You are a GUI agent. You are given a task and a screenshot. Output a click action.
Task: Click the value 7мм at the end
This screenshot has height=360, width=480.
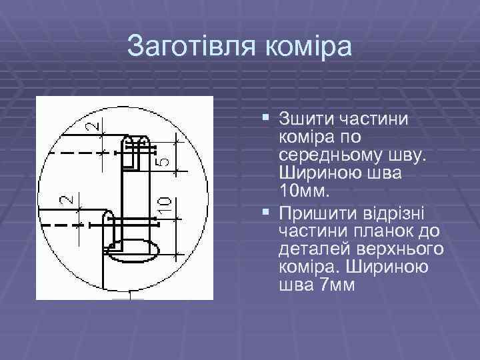(333, 285)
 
